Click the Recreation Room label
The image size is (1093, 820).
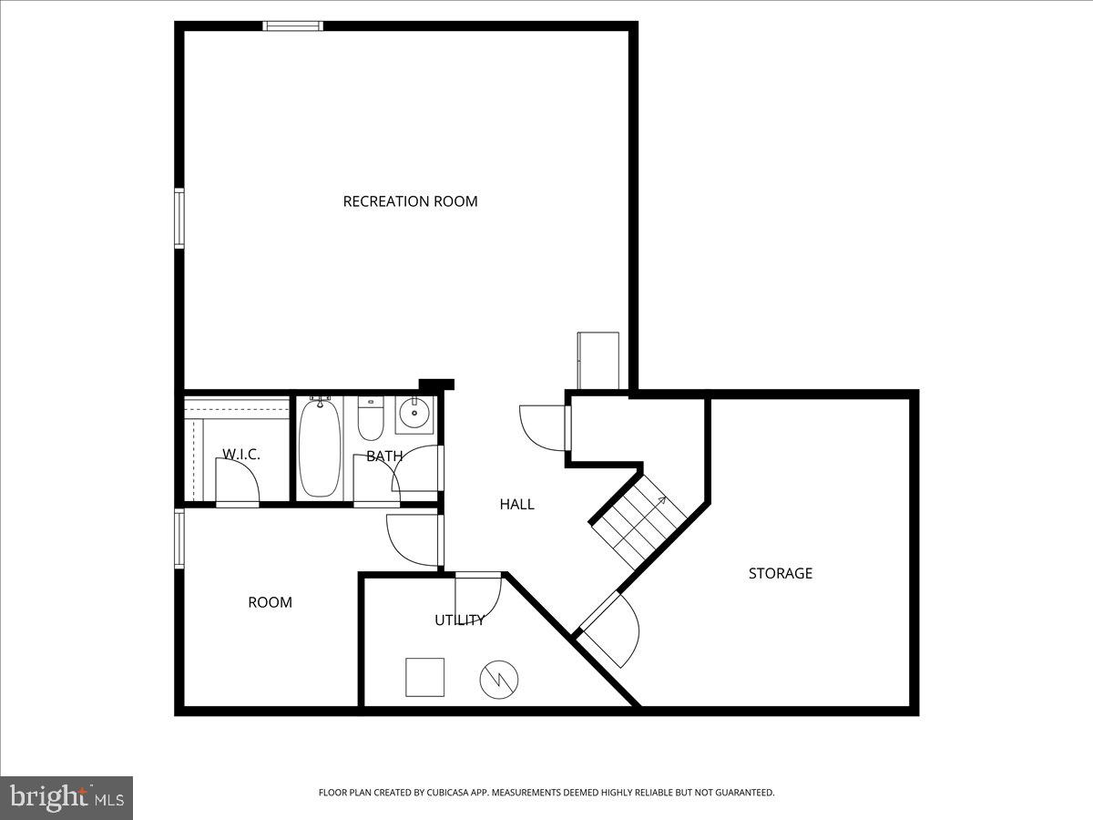(x=410, y=201)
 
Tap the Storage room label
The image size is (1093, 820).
(x=780, y=573)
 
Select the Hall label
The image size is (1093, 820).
(x=516, y=504)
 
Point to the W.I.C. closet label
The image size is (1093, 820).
(x=241, y=454)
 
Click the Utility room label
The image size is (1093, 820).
(x=459, y=620)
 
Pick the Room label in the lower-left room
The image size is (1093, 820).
(x=271, y=602)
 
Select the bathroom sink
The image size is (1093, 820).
(x=414, y=415)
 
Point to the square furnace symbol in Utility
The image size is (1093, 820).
(x=424, y=677)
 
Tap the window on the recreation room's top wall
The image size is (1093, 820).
(x=292, y=26)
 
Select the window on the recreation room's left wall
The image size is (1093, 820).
(x=179, y=218)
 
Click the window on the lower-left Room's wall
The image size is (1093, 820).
(x=179, y=538)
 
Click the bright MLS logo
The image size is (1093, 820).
(x=66, y=797)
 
